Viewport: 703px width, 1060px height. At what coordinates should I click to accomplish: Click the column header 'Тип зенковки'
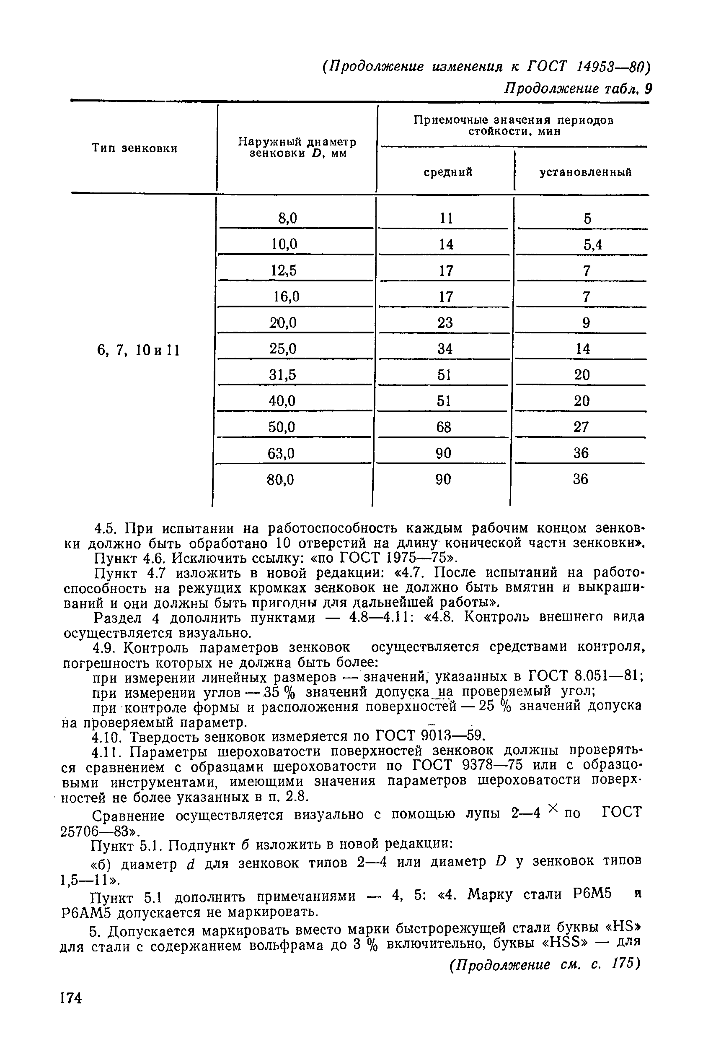click(134, 148)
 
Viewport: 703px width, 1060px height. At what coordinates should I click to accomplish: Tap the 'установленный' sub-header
click(585, 172)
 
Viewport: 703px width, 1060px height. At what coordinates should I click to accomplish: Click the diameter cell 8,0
click(287, 218)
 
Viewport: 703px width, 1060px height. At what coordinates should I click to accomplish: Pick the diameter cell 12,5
click(284, 270)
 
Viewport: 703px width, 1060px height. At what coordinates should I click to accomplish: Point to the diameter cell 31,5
click(282, 374)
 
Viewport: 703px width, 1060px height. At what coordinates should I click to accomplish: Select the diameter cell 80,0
click(281, 480)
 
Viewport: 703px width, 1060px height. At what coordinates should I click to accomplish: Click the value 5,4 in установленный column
click(592, 244)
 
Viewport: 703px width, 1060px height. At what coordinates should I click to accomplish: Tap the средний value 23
click(445, 322)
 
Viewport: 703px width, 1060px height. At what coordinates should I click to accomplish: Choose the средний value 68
click(443, 427)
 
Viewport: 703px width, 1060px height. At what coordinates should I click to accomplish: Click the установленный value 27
click(581, 427)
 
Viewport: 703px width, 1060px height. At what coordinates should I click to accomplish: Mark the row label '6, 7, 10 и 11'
click(138, 349)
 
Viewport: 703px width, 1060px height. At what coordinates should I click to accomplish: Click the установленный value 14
click(582, 348)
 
